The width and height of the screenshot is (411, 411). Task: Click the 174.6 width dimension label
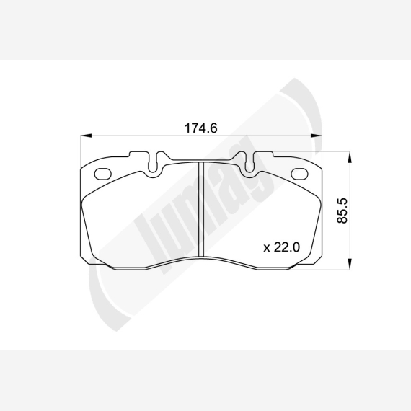pos(201,128)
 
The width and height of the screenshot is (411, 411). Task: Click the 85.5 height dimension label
pos(342,211)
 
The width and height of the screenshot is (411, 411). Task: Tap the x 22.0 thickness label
pos(281,247)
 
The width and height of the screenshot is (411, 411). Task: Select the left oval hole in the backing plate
pos(102,174)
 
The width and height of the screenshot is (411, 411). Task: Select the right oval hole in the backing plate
pos(300,174)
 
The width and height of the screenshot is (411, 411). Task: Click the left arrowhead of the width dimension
pos(86,136)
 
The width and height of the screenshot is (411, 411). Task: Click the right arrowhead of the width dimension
pos(317,136)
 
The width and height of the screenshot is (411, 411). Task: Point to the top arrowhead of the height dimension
pos(350,157)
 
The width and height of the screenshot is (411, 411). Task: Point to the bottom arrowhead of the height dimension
pos(350,264)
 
